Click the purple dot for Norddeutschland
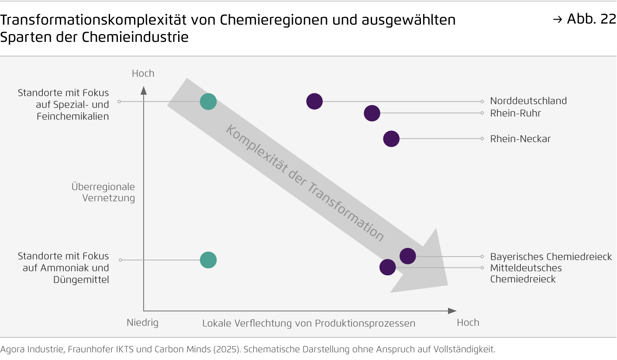[x=314, y=101]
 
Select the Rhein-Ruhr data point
[x=372, y=113]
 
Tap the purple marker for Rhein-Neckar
[x=391, y=139]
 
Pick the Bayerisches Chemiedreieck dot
[x=408, y=256]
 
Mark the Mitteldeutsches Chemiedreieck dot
[x=387, y=267]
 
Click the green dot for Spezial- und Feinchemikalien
[x=208, y=101]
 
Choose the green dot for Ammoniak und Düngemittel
[x=208, y=260]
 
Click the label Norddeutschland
[x=528, y=101]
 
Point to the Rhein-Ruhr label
[x=516, y=113]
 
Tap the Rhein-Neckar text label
[x=520, y=139]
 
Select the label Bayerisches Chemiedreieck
[x=551, y=257]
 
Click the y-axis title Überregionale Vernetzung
[x=103, y=192]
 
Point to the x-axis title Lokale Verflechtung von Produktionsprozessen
[x=309, y=323]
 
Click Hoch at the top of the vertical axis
[x=143, y=73]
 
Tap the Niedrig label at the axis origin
[x=142, y=323]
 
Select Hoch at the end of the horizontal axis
[x=468, y=322]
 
